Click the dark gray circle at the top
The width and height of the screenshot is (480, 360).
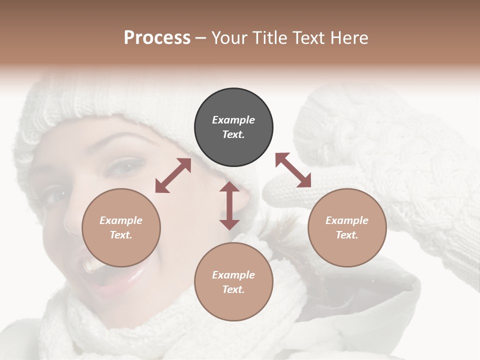(x=233, y=127)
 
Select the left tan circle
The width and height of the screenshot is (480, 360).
(x=121, y=227)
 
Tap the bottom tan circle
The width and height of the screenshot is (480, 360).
(x=233, y=282)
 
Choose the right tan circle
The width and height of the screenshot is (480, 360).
(x=347, y=227)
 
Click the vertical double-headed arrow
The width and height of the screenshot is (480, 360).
(x=229, y=205)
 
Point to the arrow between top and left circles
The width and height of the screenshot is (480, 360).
(x=173, y=175)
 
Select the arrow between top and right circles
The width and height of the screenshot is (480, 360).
(x=293, y=170)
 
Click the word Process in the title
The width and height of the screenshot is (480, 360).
(x=157, y=38)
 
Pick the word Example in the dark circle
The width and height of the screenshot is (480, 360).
(x=233, y=120)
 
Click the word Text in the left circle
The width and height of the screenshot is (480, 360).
(x=120, y=235)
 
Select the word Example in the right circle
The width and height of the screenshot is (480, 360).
(x=347, y=220)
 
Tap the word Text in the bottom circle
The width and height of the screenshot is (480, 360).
(x=233, y=289)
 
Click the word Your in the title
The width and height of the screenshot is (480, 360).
(x=228, y=38)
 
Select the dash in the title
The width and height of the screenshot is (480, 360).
(x=200, y=38)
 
